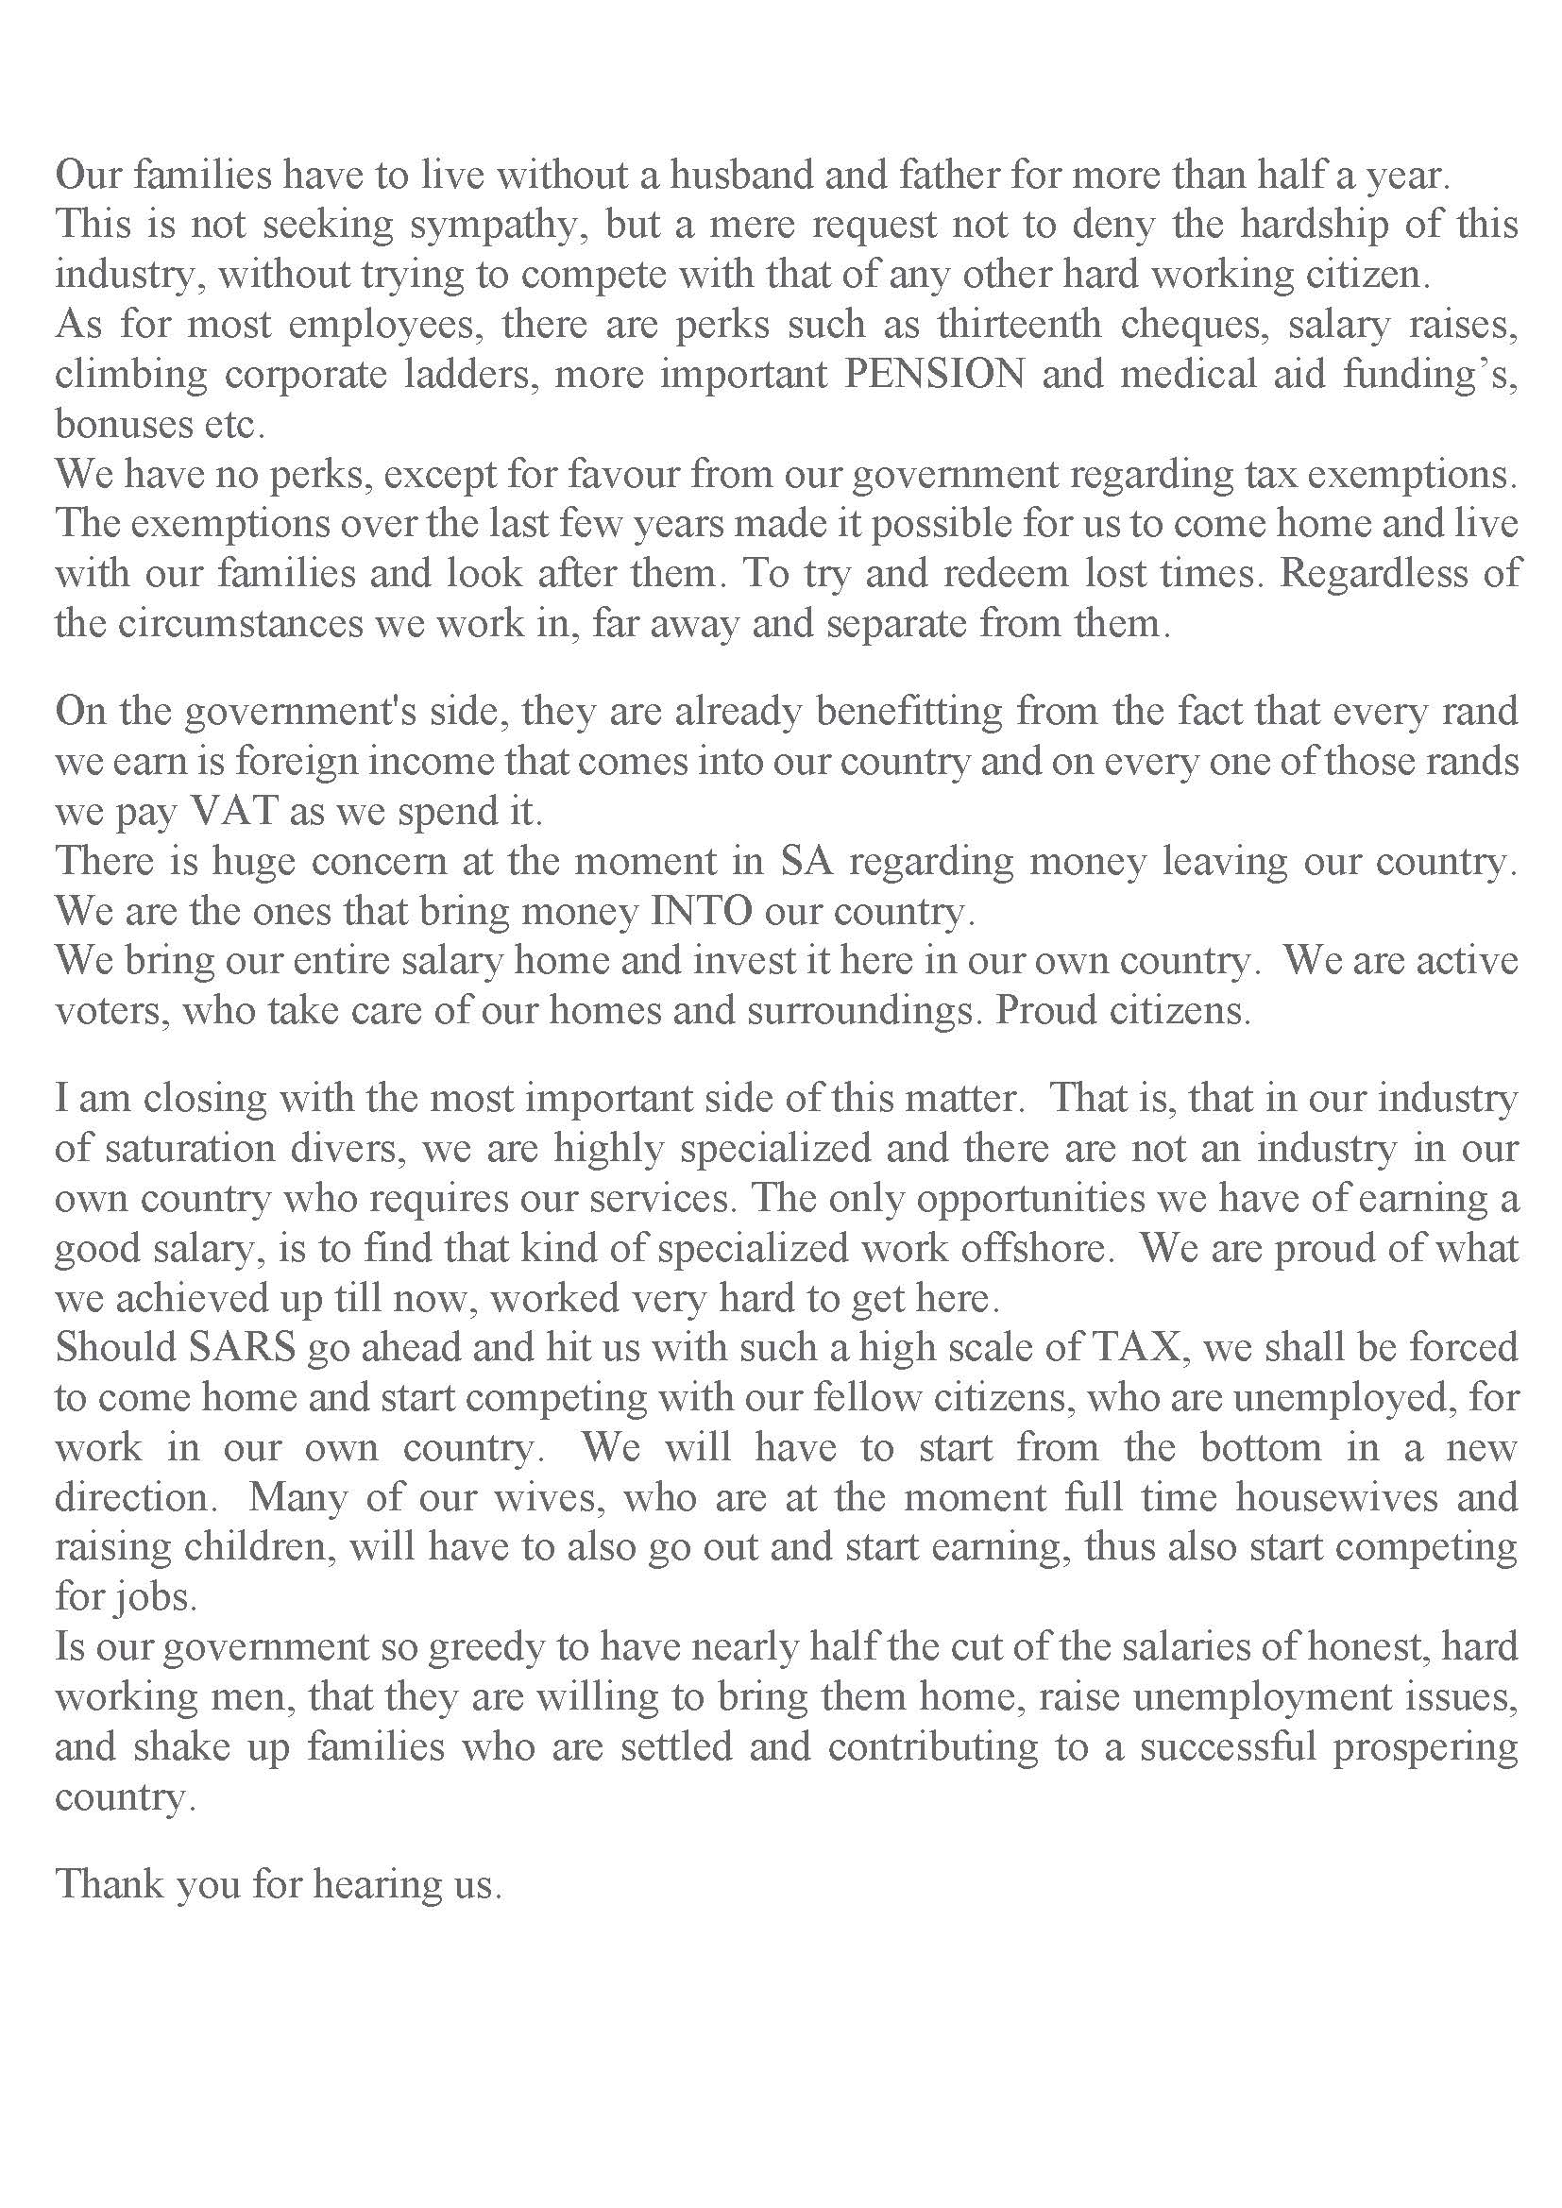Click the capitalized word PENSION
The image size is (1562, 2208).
tap(934, 374)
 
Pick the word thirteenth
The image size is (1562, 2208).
tap(1020, 324)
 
